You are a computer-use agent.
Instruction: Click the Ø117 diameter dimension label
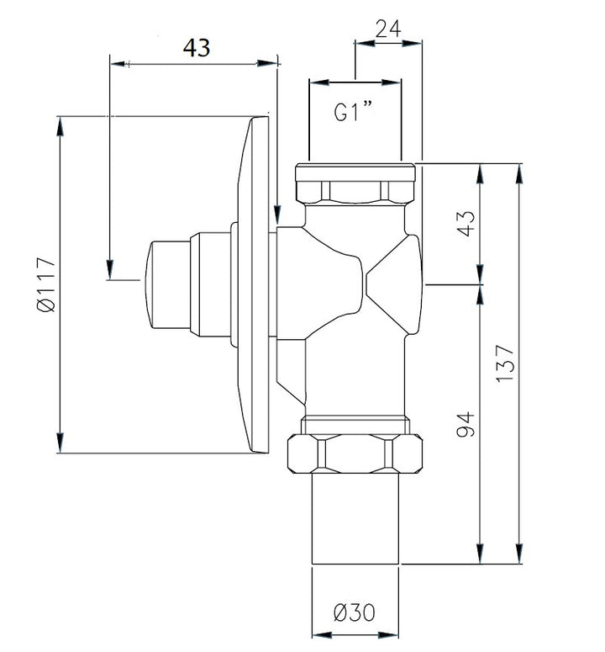point(46,285)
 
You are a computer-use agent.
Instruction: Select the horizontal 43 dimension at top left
point(197,48)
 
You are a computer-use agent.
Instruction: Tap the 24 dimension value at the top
point(388,29)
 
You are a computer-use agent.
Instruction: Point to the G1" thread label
point(354,111)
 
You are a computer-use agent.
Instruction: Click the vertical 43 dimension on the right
point(466,223)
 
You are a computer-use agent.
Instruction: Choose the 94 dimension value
point(465,425)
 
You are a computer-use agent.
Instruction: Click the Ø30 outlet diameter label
point(355,612)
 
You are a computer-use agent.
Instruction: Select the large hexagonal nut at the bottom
point(355,454)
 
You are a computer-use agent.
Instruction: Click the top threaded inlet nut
point(355,183)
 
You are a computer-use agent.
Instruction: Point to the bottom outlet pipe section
point(355,519)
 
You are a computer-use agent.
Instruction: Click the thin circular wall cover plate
point(254,284)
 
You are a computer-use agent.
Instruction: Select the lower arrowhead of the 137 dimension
point(518,554)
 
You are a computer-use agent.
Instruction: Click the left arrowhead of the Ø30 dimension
point(321,635)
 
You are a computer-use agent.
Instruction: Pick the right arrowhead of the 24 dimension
point(412,42)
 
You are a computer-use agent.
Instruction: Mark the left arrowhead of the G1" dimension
point(319,82)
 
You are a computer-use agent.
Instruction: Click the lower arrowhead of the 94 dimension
point(480,554)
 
